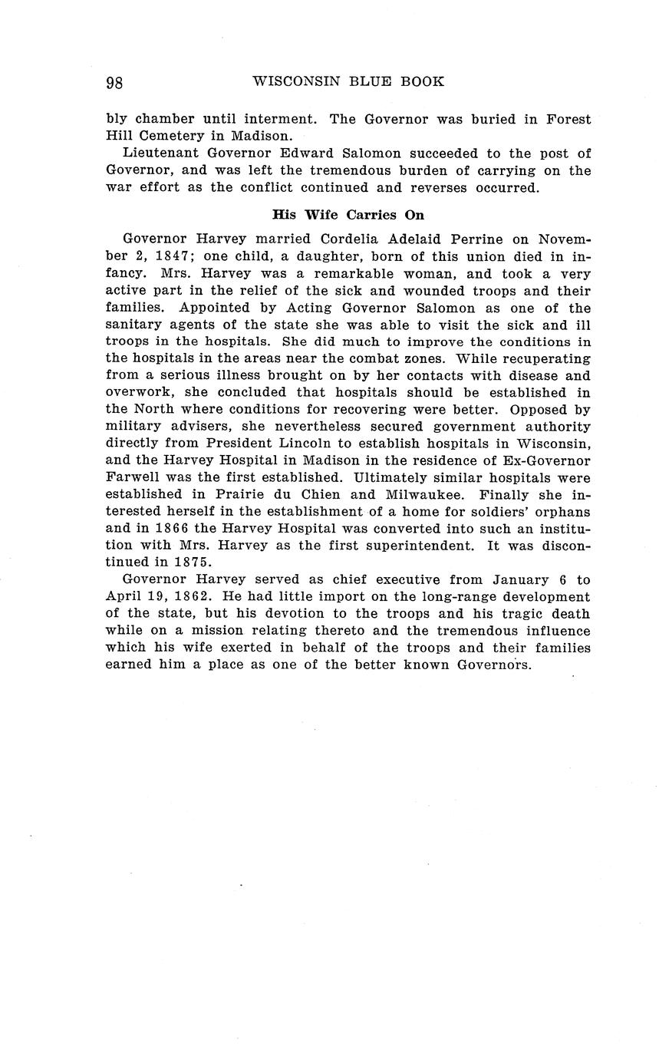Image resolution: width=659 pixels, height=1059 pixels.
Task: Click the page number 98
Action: (114, 83)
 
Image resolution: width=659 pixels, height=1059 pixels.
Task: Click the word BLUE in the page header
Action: (371, 81)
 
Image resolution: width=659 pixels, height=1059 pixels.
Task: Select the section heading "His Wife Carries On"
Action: (348, 215)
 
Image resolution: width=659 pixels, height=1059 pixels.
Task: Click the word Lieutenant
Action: (160, 153)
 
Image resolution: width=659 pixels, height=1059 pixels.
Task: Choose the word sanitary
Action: (136, 325)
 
